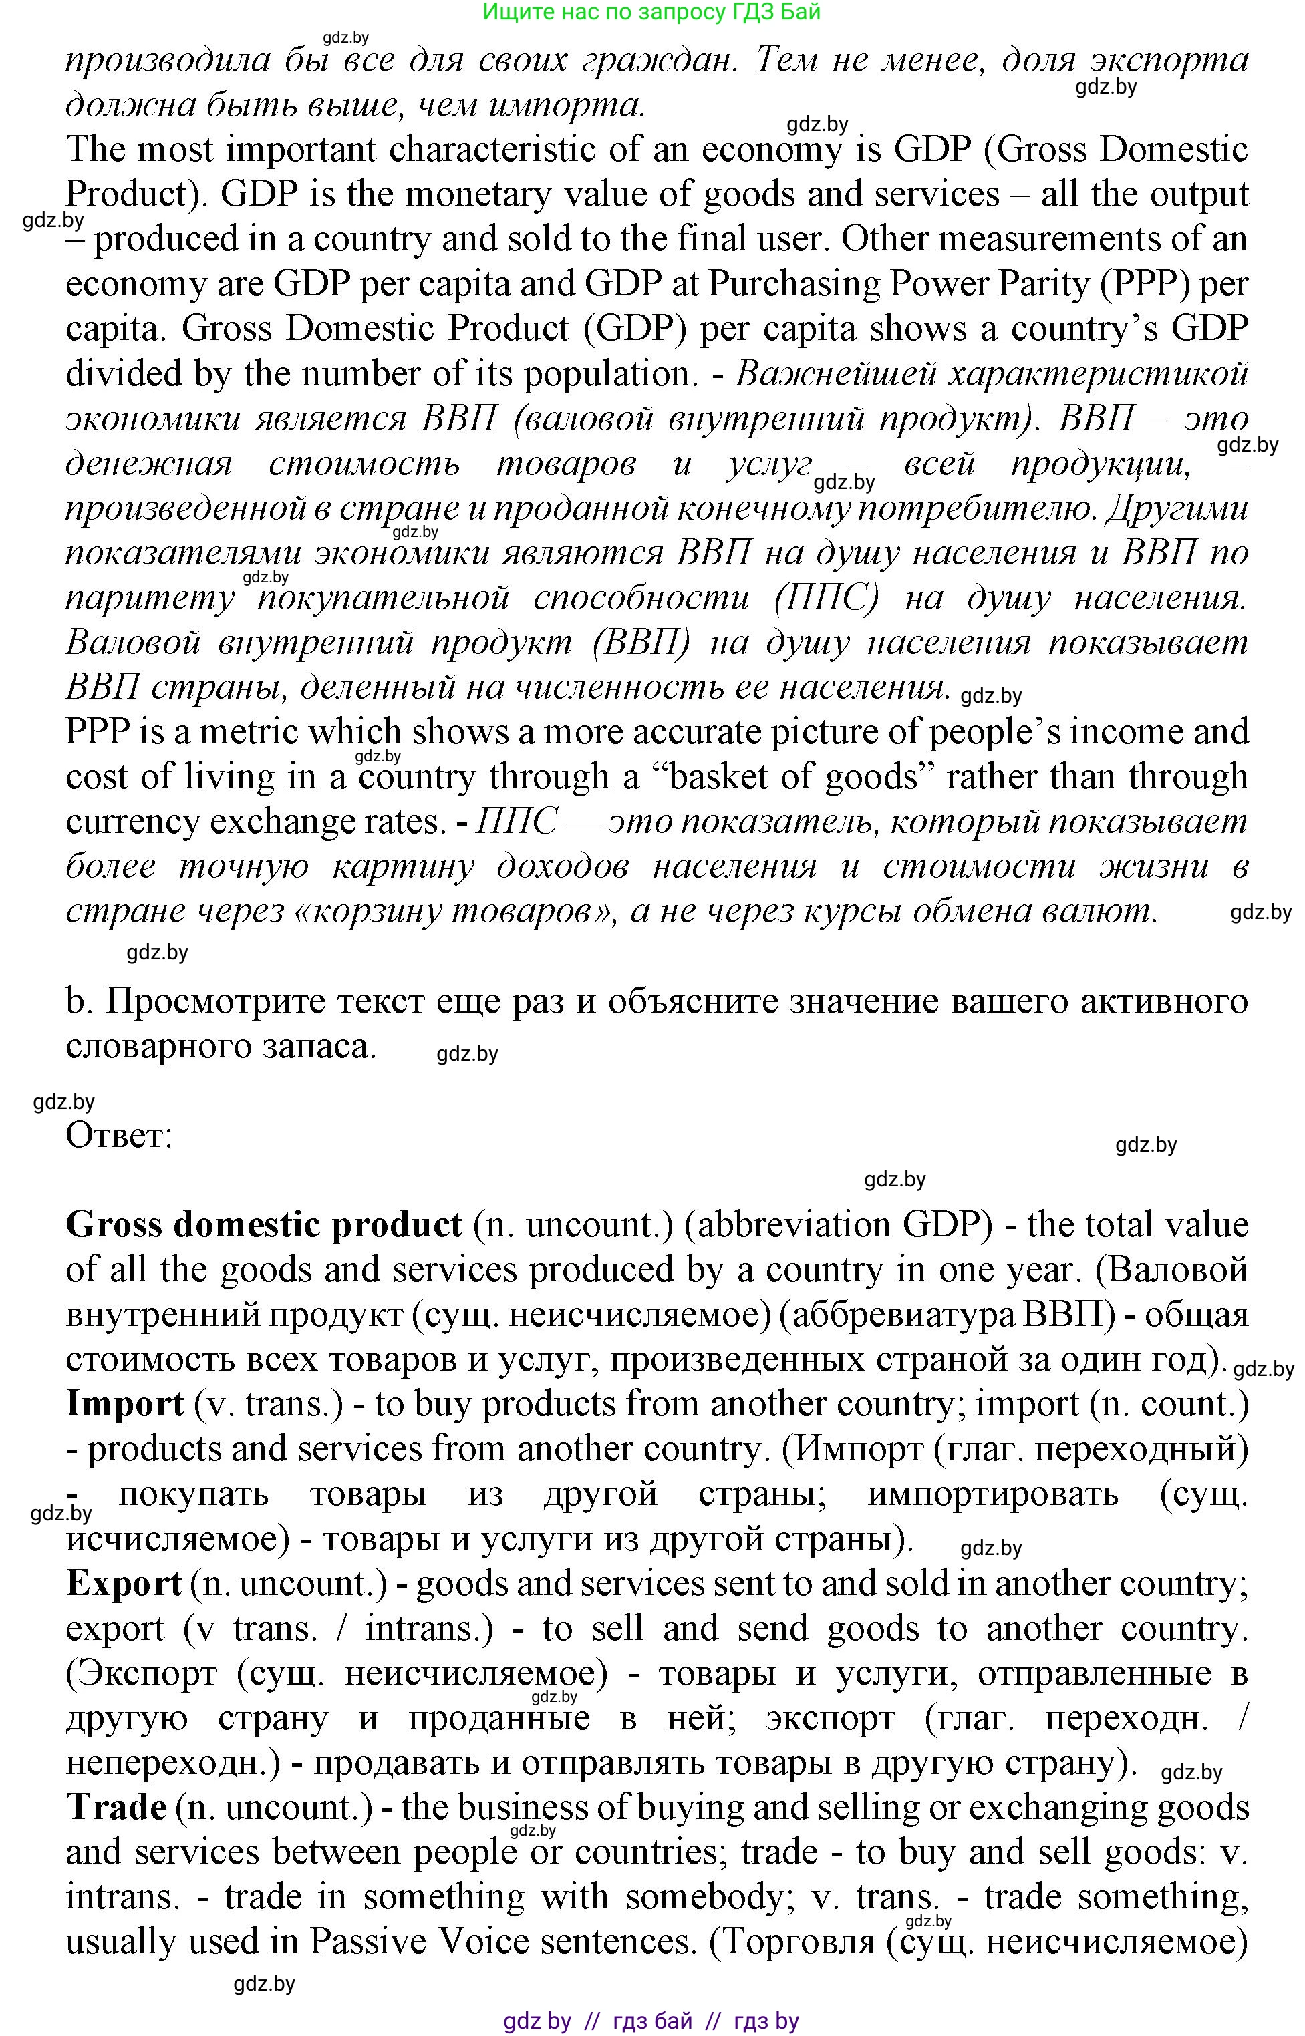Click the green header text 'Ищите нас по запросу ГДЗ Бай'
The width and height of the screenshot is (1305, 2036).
(x=651, y=12)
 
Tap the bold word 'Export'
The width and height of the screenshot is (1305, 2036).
(x=124, y=1583)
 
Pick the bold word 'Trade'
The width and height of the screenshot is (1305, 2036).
(x=116, y=1808)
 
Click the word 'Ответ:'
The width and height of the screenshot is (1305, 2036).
(x=119, y=1136)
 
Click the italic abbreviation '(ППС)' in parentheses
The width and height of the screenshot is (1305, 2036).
(x=826, y=599)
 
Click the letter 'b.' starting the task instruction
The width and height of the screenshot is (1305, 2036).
(x=78, y=1002)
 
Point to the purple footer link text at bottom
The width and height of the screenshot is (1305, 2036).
(x=651, y=2021)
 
